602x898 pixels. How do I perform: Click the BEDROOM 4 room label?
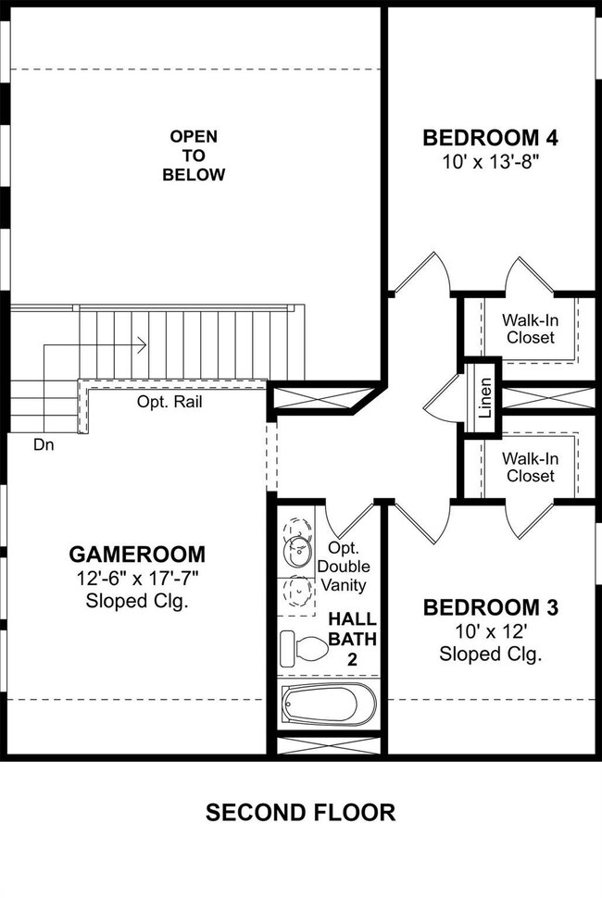tap(490, 138)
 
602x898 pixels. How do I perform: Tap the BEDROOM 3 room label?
tap(490, 607)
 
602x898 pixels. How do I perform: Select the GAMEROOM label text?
tap(137, 555)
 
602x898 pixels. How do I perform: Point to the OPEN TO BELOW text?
tap(194, 156)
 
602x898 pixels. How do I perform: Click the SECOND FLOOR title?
tap(301, 813)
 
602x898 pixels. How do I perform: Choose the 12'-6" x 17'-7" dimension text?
tap(137, 579)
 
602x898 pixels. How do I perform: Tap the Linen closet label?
tap(485, 397)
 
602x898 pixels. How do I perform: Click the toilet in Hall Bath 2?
tap(303, 649)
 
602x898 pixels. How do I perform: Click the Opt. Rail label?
tap(169, 402)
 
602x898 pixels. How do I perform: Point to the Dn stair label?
tap(44, 444)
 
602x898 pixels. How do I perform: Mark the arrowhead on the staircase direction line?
tap(142, 344)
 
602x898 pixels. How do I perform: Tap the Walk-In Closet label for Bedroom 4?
tap(531, 329)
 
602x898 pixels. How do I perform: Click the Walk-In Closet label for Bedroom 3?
tap(531, 468)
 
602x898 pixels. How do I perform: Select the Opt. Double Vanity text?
tap(344, 567)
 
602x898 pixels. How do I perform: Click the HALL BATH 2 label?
tap(352, 639)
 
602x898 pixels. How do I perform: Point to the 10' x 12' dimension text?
tap(491, 631)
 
